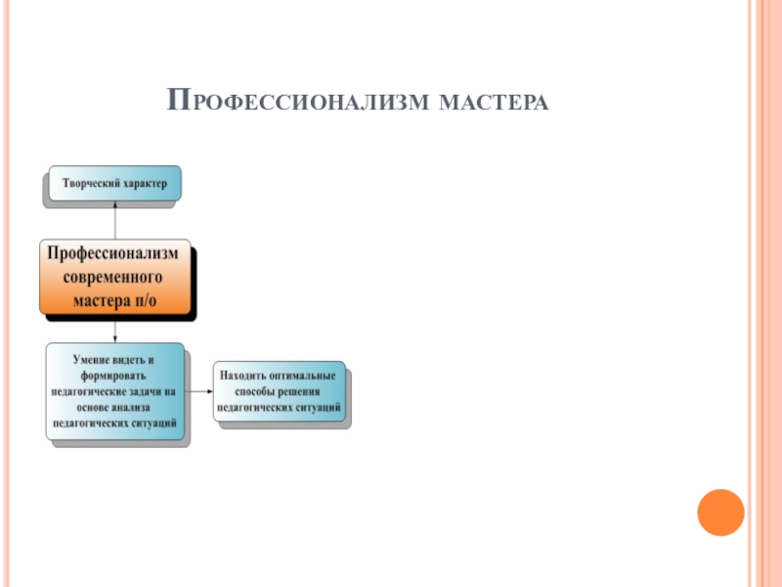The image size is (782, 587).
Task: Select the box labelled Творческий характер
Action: pyautogui.click(x=114, y=183)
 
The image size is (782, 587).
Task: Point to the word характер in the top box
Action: pyautogui.click(x=144, y=183)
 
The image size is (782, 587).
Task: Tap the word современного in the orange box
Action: pyautogui.click(x=114, y=277)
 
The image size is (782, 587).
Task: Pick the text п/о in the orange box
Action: pyautogui.click(x=143, y=299)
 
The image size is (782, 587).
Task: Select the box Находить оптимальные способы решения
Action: pyautogui.click(x=280, y=391)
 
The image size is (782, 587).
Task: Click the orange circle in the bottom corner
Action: pyautogui.click(x=720, y=513)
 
